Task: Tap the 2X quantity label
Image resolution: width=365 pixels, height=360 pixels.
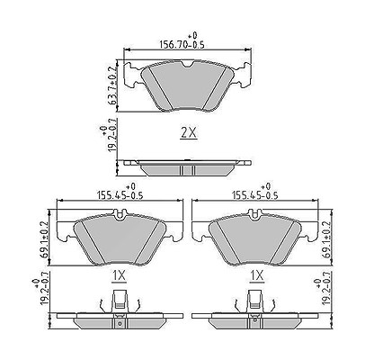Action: (189, 133)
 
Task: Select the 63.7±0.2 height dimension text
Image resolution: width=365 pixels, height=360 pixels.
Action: (113, 85)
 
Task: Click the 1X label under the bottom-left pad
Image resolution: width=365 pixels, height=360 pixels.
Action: (120, 276)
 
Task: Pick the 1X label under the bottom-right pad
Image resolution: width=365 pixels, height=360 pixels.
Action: (257, 276)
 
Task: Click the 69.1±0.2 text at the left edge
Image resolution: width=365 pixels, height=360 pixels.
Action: (44, 240)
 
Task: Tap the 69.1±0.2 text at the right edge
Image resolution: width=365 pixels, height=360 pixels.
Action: (325, 240)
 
